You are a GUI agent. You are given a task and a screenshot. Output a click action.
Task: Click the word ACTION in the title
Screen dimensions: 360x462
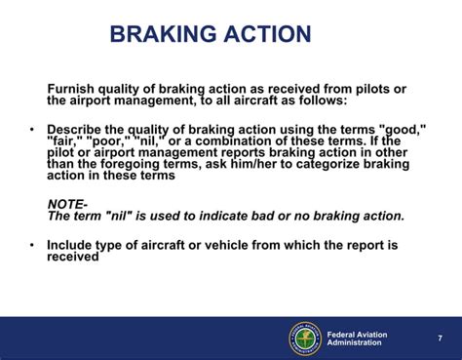[265, 35]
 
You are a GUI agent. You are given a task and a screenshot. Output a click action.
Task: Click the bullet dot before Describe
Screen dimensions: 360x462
[31, 129]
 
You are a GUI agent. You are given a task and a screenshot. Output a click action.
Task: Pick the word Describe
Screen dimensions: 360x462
[79, 129]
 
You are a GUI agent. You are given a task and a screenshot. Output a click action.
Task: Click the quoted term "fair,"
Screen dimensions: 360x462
[66, 140]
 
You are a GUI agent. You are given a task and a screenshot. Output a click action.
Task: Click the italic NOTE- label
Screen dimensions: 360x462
[68, 203]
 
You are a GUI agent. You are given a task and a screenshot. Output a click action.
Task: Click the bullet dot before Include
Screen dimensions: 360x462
[31, 246]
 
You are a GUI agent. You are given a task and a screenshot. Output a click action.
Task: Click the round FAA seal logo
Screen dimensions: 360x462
[304, 339]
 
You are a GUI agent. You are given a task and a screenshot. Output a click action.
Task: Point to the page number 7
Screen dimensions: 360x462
[440, 339]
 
